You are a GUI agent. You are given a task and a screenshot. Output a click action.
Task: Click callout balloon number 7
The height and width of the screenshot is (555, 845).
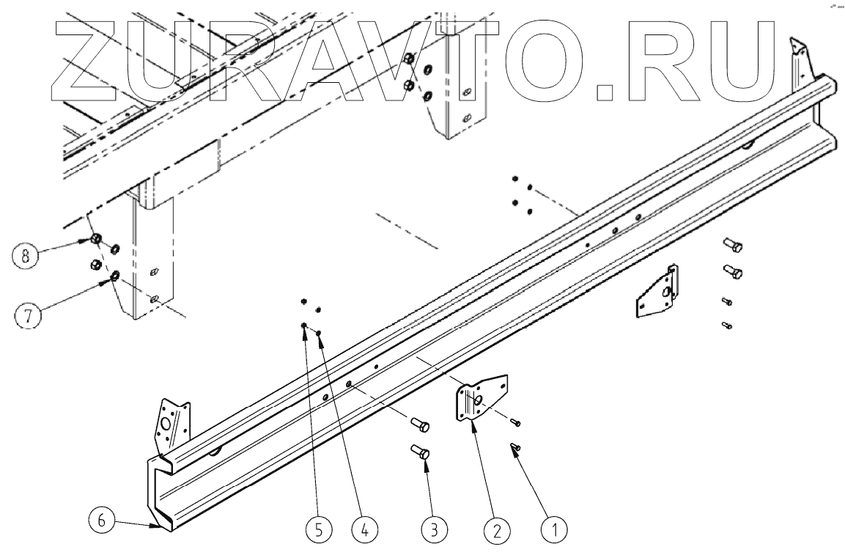click(28, 317)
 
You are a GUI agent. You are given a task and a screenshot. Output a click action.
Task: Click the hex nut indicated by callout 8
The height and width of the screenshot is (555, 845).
click(95, 240)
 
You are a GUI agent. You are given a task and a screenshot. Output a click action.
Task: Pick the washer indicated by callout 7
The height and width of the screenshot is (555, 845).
click(115, 276)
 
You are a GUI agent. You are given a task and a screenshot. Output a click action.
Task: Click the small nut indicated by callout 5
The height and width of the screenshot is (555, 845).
click(303, 325)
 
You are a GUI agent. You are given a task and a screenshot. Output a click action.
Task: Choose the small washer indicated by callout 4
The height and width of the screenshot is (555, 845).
click(320, 334)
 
